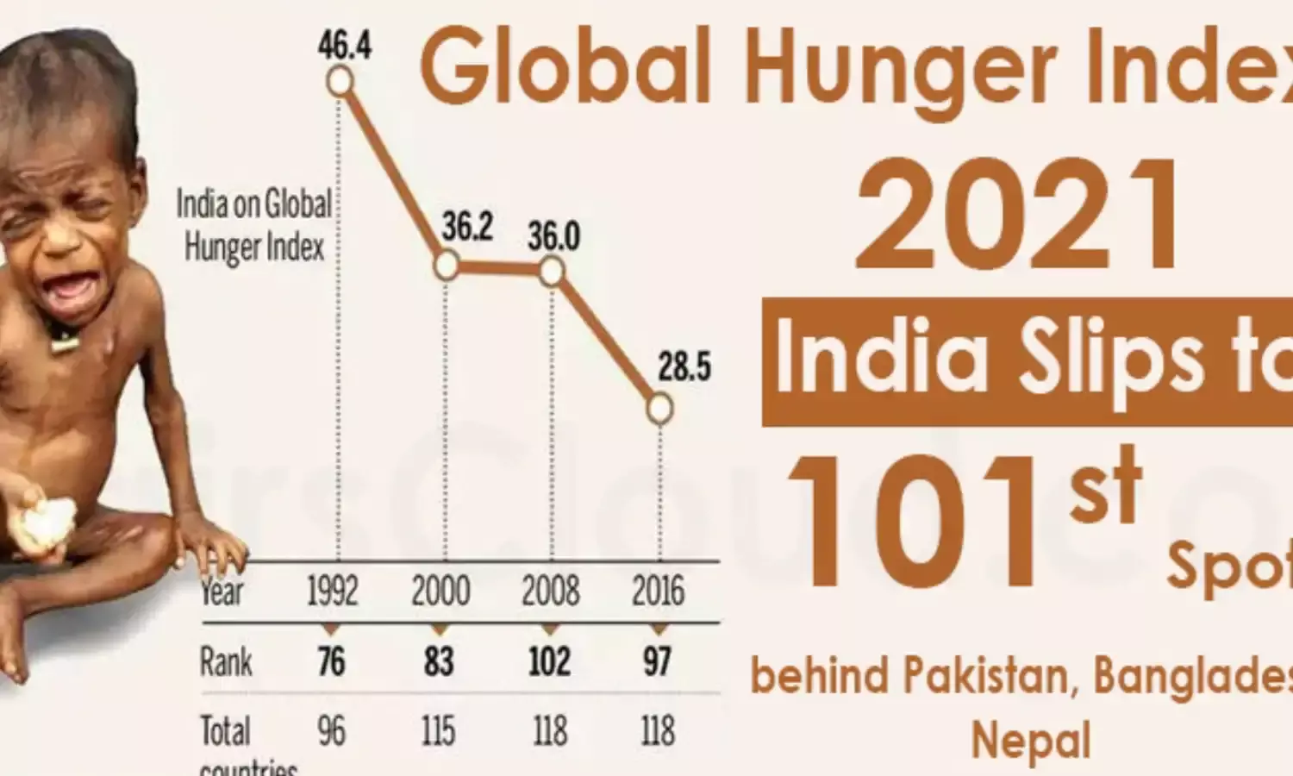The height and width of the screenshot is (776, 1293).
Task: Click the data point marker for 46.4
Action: pos(340,81)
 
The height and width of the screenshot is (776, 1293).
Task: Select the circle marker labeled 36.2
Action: pos(446,265)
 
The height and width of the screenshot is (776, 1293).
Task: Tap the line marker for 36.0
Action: pos(552,272)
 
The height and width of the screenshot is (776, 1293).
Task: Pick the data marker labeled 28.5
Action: pos(659,408)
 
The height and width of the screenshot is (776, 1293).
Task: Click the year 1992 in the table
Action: pos(333,592)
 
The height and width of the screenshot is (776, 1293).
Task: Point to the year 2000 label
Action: pos(440,592)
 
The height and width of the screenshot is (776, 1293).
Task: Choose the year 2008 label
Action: pos(550,592)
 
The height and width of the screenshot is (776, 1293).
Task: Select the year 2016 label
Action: pos(658,592)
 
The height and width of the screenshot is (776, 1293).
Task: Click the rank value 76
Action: pos(331,662)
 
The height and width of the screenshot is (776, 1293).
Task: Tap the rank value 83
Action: pos(439,662)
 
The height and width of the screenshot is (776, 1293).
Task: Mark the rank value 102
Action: pos(549,662)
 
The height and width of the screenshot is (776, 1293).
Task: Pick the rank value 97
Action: pos(657,662)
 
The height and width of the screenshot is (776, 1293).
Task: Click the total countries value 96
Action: pos(331,732)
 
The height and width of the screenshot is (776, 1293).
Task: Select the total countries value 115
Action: pos(439,732)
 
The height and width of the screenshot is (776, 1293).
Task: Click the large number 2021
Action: pos(1020,216)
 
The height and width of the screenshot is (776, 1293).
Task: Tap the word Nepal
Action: pos(1031,741)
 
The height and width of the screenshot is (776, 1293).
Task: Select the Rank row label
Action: pos(226,662)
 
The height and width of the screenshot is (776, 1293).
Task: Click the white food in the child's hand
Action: pos(47,522)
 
